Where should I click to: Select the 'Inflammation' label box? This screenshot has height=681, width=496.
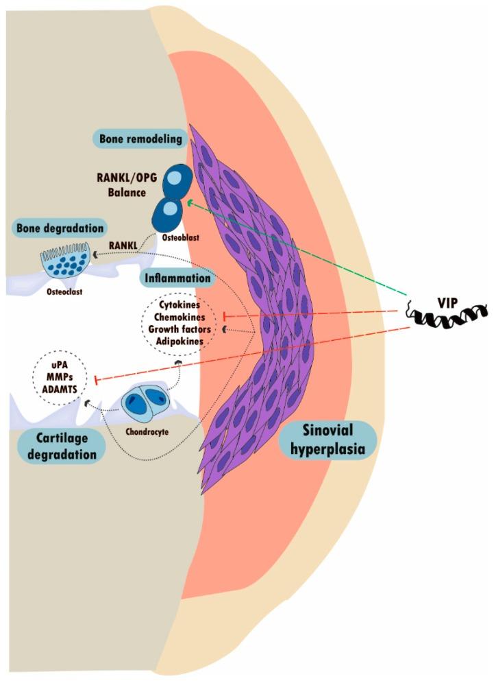[x=177, y=278]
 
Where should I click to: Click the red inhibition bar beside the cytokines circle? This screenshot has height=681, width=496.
[x=225, y=316]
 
